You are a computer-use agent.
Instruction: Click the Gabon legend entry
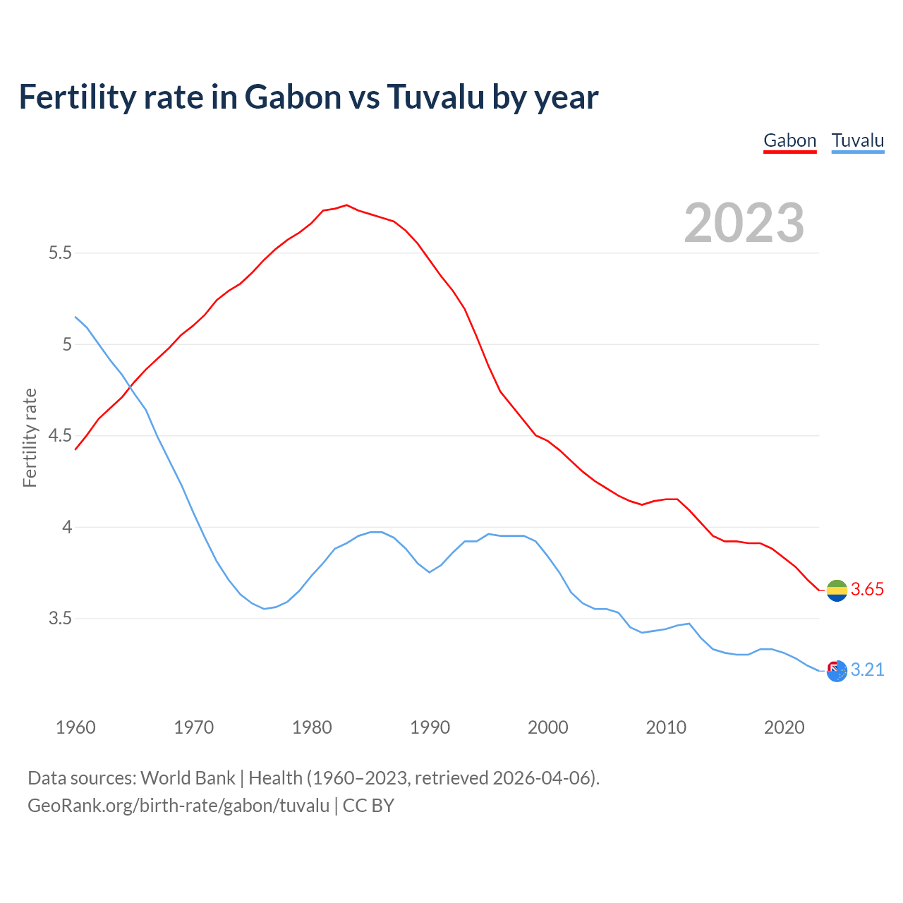[789, 140]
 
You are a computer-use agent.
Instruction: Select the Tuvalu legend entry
[857, 140]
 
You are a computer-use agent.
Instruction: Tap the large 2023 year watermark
[744, 223]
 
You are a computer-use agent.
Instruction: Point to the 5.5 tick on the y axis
[60, 253]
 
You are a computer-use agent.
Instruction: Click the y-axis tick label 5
[67, 344]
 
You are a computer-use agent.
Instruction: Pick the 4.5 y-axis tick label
[60, 436]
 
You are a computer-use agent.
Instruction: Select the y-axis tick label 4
[67, 527]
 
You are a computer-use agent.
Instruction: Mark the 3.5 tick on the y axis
[60, 619]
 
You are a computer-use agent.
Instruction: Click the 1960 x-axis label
[75, 727]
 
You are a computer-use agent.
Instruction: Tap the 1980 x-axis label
[312, 727]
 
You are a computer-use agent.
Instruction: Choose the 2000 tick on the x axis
[547, 727]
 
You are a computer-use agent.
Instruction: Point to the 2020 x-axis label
[784, 727]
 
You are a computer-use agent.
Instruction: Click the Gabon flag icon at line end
[837, 590]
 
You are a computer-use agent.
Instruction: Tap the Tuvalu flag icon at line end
[837, 671]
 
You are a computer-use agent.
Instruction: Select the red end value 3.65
[867, 590]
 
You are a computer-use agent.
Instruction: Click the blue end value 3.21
[867, 670]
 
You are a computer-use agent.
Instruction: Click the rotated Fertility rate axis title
[30, 437]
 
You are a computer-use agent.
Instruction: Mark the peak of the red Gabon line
[346, 205]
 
